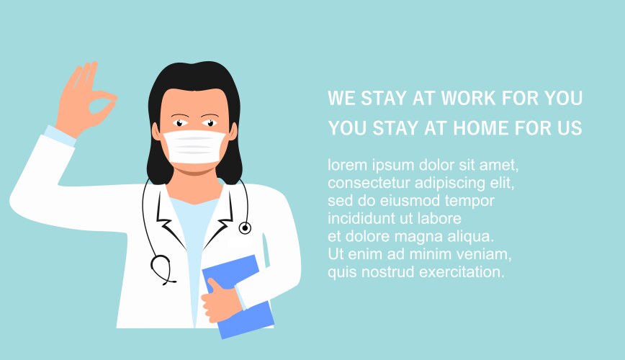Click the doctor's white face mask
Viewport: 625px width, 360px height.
(194, 147)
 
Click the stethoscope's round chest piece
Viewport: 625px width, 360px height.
(245, 228)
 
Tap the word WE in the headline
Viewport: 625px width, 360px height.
(341, 98)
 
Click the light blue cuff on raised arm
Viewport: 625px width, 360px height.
(60, 135)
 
